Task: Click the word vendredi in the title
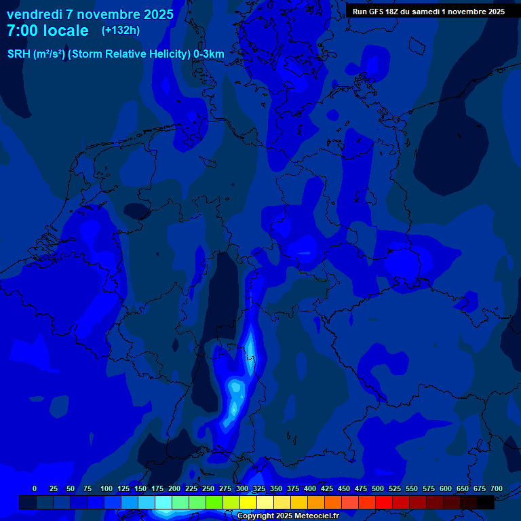click(33, 14)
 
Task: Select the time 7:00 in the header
click(22, 31)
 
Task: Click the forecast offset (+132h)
click(121, 30)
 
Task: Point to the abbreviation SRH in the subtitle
click(19, 54)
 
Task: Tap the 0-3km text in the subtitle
click(209, 54)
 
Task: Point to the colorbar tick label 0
click(35, 488)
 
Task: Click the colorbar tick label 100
click(107, 488)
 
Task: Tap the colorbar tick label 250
click(208, 488)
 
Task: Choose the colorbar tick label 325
click(259, 488)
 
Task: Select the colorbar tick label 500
click(378, 488)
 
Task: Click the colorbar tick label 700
click(497, 488)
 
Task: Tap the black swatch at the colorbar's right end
click(486, 502)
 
